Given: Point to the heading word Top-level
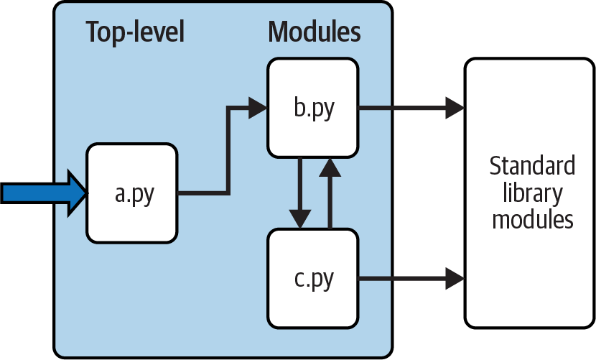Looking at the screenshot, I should click(x=135, y=32).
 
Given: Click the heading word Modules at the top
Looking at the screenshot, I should click(x=315, y=32).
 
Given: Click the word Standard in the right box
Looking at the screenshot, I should click(x=532, y=167).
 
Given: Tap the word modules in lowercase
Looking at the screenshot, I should click(x=532, y=218).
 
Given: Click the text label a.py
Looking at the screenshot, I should click(x=134, y=194).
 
